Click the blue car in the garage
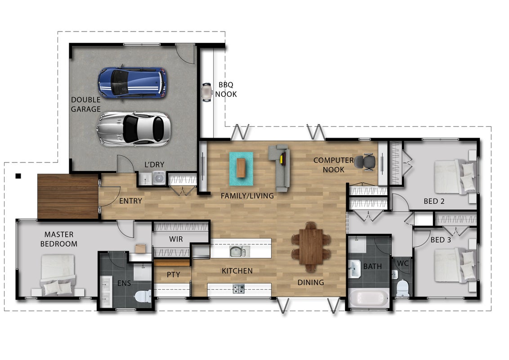click(x=133, y=82)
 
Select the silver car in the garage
click(x=134, y=129)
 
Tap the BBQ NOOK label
click(x=226, y=90)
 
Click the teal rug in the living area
click(x=241, y=169)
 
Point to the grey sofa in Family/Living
click(x=279, y=168)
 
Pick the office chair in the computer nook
click(x=365, y=162)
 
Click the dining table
click(x=311, y=246)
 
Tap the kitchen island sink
click(x=239, y=252)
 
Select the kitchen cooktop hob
click(x=239, y=288)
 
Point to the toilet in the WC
click(x=402, y=288)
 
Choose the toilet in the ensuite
click(x=143, y=296)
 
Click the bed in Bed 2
click(x=455, y=176)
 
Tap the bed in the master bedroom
click(x=58, y=275)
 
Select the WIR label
click(x=176, y=239)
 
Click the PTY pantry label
click(x=174, y=274)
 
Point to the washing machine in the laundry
click(x=159, y=178)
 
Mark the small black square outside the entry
click(x=18, y=176)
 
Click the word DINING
click(x=311, y=282)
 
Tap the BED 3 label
click(x=441, y=240)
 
